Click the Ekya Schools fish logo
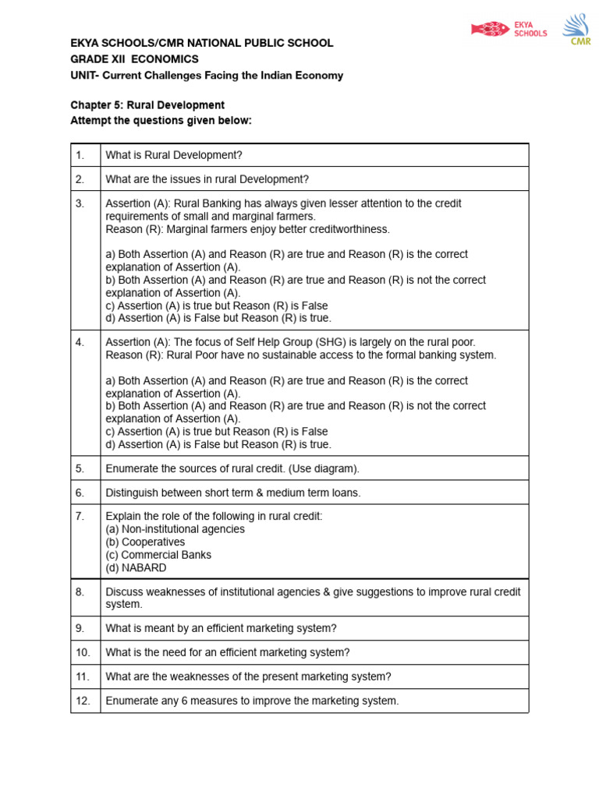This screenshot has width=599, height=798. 490,30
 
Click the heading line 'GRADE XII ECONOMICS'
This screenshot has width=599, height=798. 134,59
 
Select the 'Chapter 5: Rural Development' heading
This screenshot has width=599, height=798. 147,105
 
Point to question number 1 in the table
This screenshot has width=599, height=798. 80,155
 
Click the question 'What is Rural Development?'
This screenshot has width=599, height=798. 174,155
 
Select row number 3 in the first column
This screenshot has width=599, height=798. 80,203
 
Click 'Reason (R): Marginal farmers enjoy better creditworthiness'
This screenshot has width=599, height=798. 247,229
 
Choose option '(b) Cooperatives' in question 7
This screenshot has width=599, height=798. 145,542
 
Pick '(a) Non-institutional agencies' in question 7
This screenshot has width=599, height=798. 175,528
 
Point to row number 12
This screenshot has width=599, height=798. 83,701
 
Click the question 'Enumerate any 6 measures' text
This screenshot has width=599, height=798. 252,701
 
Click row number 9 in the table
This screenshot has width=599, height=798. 80,628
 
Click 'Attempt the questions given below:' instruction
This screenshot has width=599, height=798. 161,120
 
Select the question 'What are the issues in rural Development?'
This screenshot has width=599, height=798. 207,179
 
